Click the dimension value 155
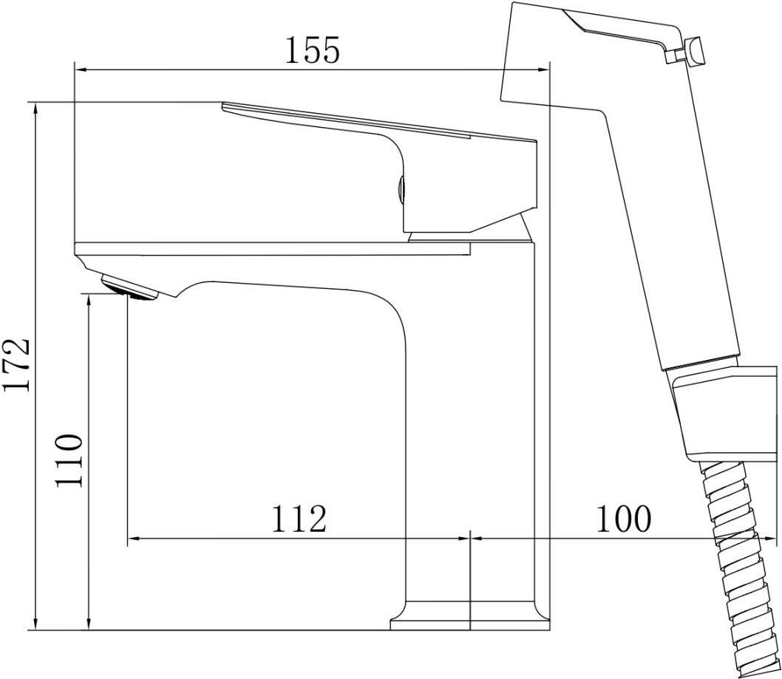tap(312, 50)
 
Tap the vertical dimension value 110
tap(68, 460)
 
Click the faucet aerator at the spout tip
tap(129, 287)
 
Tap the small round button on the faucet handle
tap(401, 191)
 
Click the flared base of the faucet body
tap(470, 616)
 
